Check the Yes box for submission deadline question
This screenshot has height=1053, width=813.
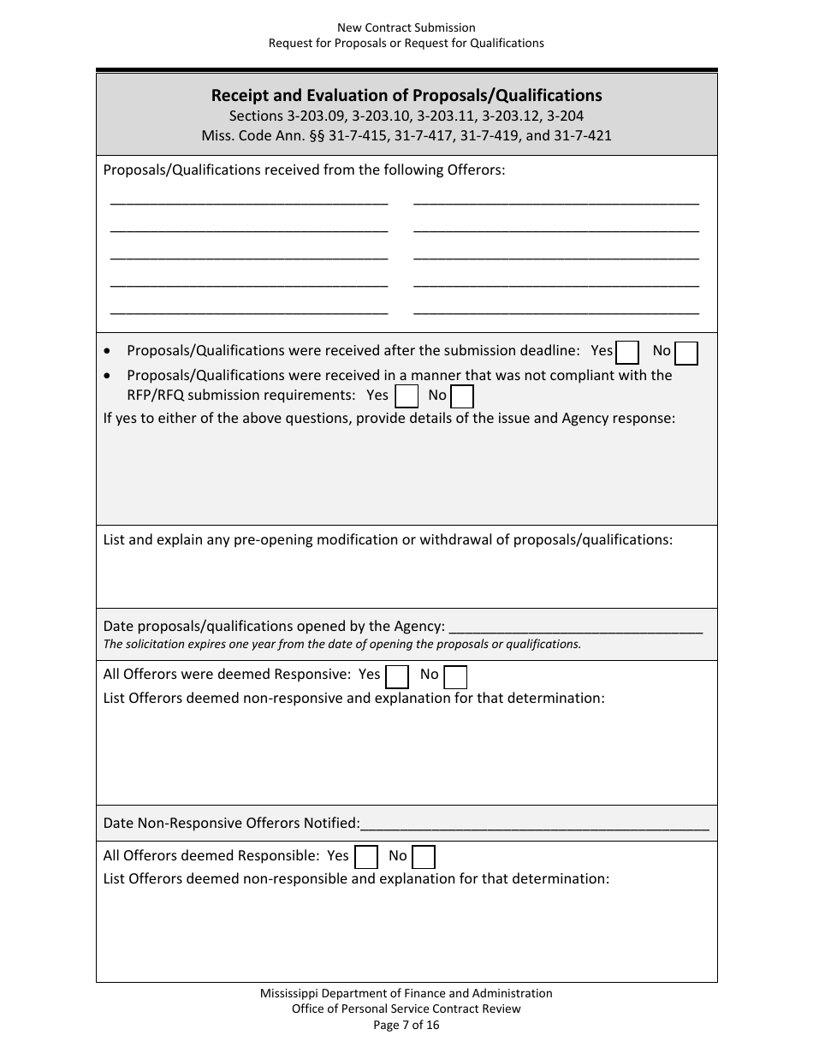pos(627,353)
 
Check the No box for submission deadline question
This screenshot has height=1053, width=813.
pos(686,353)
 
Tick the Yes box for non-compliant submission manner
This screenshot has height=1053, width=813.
pos(406,396)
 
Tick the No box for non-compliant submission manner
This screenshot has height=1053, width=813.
pos(462,396)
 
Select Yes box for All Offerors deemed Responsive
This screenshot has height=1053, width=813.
pos(397,677)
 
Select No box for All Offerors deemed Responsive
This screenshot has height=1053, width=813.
pos(456,677)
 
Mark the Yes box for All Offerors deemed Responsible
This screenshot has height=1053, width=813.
pos(366,857)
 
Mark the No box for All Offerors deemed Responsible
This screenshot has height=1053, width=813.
pos(424,857)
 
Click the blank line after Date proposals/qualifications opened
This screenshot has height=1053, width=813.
pos(575,628)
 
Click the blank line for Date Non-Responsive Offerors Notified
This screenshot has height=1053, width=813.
pos(535,826)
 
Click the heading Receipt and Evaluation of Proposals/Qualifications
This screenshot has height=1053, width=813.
pos(406,95)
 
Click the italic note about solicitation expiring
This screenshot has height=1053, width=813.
pos(341,645)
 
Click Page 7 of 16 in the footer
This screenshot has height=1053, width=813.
pos(406,1025)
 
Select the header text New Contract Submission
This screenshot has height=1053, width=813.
pos(406,28)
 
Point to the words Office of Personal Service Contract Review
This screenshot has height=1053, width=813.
pos(406,1008)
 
